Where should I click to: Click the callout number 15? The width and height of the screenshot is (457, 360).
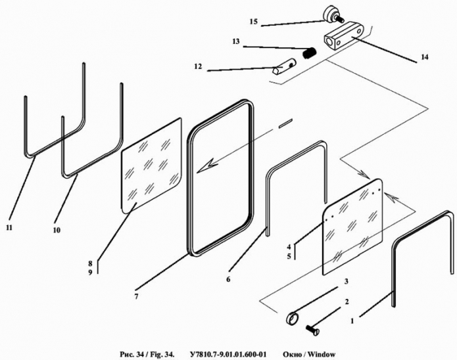[x=253, y=22]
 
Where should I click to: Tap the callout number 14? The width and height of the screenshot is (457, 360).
[x=425, y=56]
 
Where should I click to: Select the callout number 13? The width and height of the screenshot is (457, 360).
[x=236, y=41]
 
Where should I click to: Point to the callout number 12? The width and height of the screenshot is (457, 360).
[x=198, y=67]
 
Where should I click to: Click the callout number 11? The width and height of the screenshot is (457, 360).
[x=9, y=227]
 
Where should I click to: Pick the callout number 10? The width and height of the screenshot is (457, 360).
[x=57, y=230]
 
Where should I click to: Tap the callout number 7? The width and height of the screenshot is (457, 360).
[x=136, y=296]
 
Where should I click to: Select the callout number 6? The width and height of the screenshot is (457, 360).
[x=228, y=279]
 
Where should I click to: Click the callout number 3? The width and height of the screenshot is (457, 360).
[x=347, y=281]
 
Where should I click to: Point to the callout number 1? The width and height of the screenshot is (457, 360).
[x=352, y=321]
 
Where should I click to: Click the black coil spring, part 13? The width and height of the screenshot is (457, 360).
[x=310, y=53]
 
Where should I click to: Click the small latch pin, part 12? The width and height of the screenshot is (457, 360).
[x=284, y=67]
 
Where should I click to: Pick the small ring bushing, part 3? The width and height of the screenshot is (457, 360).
[x=293, y=318]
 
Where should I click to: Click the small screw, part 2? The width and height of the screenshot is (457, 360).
[x=313, y=330]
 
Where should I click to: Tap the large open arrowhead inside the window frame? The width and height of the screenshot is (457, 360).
[x=208, y=166]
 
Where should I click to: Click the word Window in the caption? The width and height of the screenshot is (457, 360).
[x=321, y=355]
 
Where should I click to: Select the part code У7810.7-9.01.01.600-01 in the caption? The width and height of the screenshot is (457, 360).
[x=228, y=355]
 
